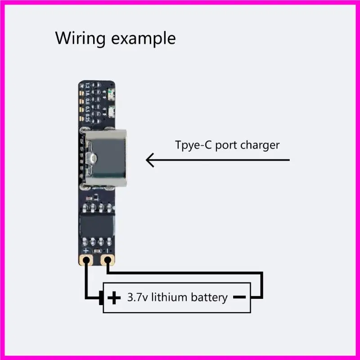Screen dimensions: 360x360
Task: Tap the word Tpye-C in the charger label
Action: point(191,145)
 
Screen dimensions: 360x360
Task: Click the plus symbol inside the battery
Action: point(115,297)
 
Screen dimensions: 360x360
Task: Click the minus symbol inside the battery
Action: point(239,297)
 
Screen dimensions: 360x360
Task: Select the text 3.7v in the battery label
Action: point(138,297)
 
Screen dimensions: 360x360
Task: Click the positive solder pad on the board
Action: point(87,260)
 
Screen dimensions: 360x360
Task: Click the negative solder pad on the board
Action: point(107,260)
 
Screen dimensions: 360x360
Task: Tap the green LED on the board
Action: point(111,93)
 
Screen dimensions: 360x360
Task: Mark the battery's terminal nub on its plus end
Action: point(102,297)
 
